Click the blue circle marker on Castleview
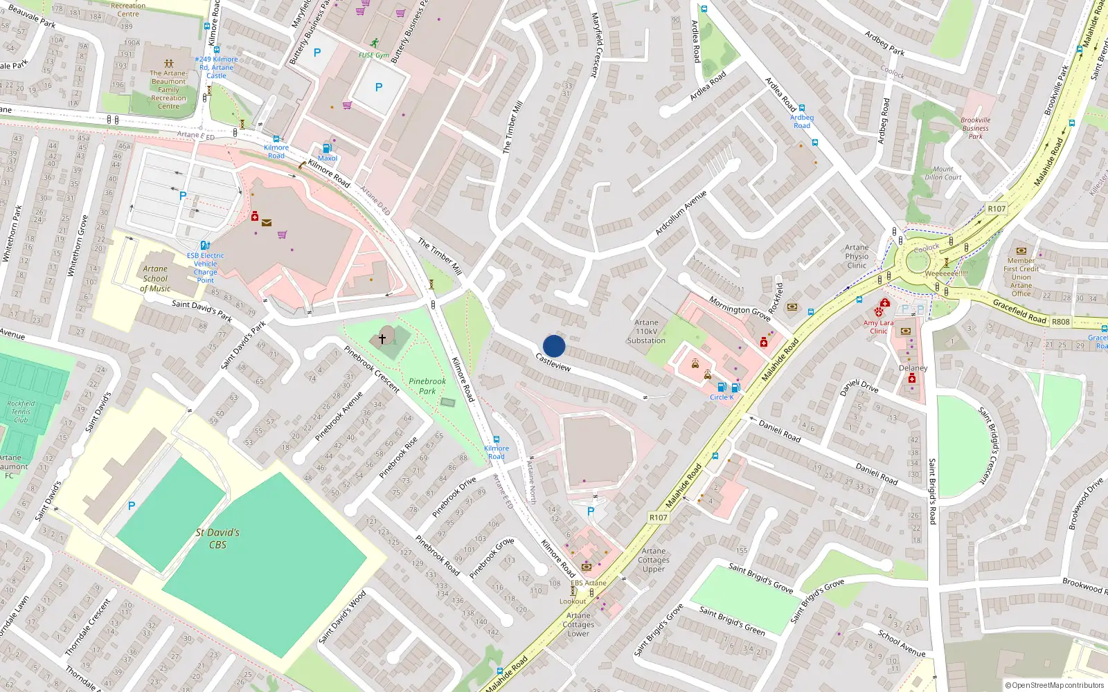coord(554,346)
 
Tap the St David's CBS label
coord(217,538)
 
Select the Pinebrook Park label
coord(427,386)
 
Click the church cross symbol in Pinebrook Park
coord(382,339)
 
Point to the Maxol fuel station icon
coord(327,147)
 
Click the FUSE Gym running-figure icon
coord(375,43)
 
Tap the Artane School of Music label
coord(155,278)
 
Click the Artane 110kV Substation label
coord(646,331)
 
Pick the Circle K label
coord(722,397)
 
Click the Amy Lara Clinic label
coord(878,327)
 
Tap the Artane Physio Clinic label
coord(857,256)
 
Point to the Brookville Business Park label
coord(975,128)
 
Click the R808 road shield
coord(1060,322)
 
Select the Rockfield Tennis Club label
coord(21,411)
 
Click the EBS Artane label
coord(588,583)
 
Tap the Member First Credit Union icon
coord(1021,251)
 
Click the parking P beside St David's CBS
coord(132,506)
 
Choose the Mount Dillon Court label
coord(942,173)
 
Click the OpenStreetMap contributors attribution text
coord(1054,685)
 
